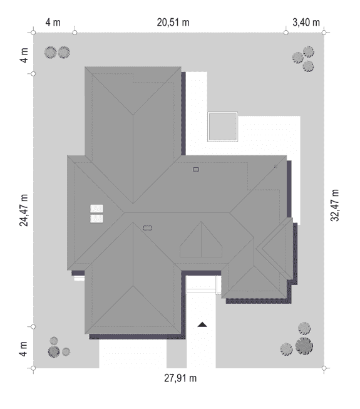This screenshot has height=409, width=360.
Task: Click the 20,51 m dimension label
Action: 173,23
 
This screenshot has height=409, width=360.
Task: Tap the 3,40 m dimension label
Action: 306,23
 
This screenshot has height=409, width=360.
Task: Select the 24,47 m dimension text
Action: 24,210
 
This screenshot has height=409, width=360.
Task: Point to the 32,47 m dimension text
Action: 335,205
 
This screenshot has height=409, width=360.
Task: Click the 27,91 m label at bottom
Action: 180,378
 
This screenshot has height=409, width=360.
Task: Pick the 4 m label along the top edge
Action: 53,23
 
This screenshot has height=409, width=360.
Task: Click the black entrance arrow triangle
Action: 202,324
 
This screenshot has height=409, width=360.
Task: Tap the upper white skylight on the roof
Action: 96,209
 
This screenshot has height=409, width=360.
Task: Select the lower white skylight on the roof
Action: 96,219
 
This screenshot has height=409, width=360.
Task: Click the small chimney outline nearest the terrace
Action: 196,170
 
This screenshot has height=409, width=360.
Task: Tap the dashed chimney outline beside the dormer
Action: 147,228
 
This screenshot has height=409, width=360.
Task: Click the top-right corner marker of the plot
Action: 324,33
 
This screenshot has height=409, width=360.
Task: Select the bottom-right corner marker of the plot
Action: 324,368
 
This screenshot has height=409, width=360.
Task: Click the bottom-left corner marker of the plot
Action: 33,368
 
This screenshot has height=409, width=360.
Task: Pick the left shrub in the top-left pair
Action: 50,53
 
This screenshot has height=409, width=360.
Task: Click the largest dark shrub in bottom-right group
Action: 304,346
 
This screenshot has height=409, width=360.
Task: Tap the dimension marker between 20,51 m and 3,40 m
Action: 286,33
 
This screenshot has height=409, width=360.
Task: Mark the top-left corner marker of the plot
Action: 33,33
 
